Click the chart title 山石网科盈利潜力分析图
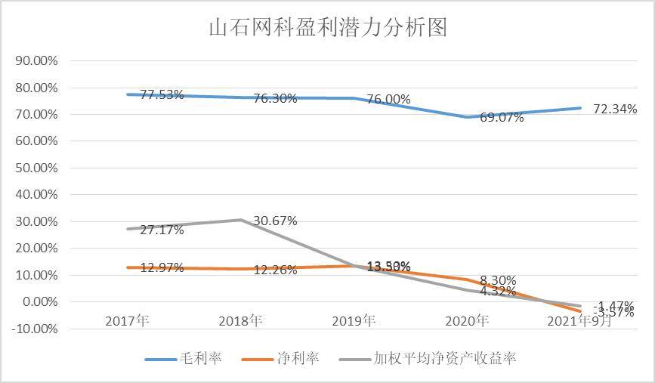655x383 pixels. coord(327,28)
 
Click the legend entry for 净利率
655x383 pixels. coord(281,358)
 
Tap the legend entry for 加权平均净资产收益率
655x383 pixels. coord(428,358)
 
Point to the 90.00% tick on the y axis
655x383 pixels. coord(36,60)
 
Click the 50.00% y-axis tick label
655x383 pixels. coord(36,168)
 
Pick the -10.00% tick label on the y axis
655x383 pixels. coord(35,329)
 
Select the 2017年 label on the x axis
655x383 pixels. coord(127,321)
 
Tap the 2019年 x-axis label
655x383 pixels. coord(354,321)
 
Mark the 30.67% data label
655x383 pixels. coord(275,221)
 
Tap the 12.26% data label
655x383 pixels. coord(275,270)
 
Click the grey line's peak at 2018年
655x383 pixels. coord(240,220)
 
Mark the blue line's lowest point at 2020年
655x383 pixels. coord(467,117)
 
